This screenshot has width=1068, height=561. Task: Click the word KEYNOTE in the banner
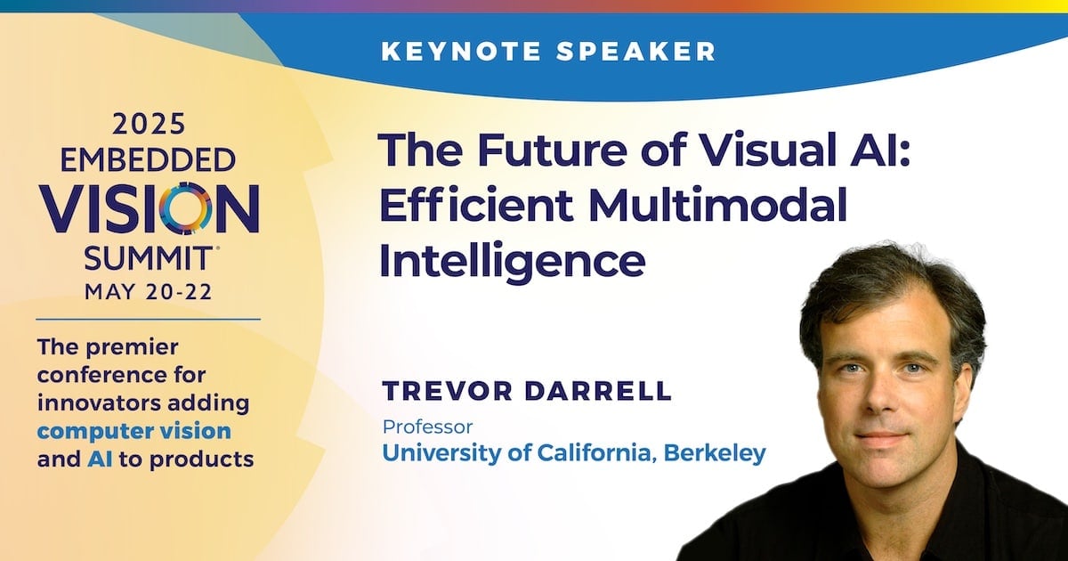tap(462, 51)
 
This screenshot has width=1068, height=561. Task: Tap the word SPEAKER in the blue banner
tap(636, 51)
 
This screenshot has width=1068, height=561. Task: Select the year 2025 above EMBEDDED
tap(149, 124)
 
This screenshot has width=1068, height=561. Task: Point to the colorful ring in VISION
tap(186, 208)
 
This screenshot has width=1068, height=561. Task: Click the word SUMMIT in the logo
tap(148, 258)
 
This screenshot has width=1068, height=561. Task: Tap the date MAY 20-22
tap(148, 292)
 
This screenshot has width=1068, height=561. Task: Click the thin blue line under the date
tap(149, 319)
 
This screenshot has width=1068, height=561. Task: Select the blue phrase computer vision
tap(134, 432)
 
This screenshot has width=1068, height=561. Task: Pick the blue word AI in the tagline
tap(100, 459)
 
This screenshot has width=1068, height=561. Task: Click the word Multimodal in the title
tap(717, 205)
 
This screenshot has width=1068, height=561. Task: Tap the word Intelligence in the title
tap(512, 262)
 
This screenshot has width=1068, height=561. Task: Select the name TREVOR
tap(447, 391)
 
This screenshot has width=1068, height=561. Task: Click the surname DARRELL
tap(598, 391)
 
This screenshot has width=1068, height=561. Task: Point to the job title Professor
tap(428, 427)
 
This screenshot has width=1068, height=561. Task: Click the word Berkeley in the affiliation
tap(714, 452)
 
